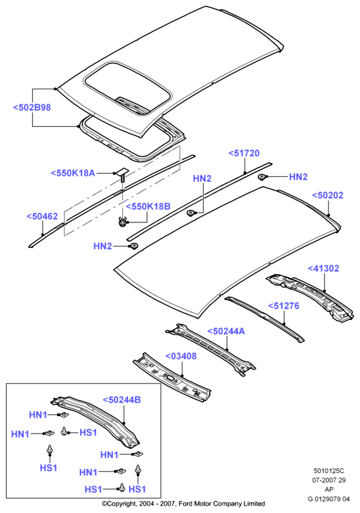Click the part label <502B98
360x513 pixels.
click(32, 108)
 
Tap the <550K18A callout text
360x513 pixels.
click(73, 173)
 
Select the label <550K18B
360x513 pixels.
click(148, 206)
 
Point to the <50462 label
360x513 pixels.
click(42, 216)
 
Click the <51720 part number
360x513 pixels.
click(244, 153)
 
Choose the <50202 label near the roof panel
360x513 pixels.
click(327, 195)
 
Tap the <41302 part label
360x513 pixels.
click(323, 269)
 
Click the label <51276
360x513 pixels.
click(284, 306)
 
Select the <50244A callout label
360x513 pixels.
click(226, 331)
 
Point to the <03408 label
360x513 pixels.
click(181, 356)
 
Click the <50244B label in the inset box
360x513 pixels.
click(122, 400)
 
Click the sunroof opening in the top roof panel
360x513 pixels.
click(128, 88)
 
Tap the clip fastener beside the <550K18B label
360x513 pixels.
click(123, 222)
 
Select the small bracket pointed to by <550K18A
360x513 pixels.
click(121, 174)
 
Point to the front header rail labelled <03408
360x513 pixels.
click(172, 376)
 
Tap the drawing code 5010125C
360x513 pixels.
click(329, 471)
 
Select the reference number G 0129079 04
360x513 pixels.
click(329, 499)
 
